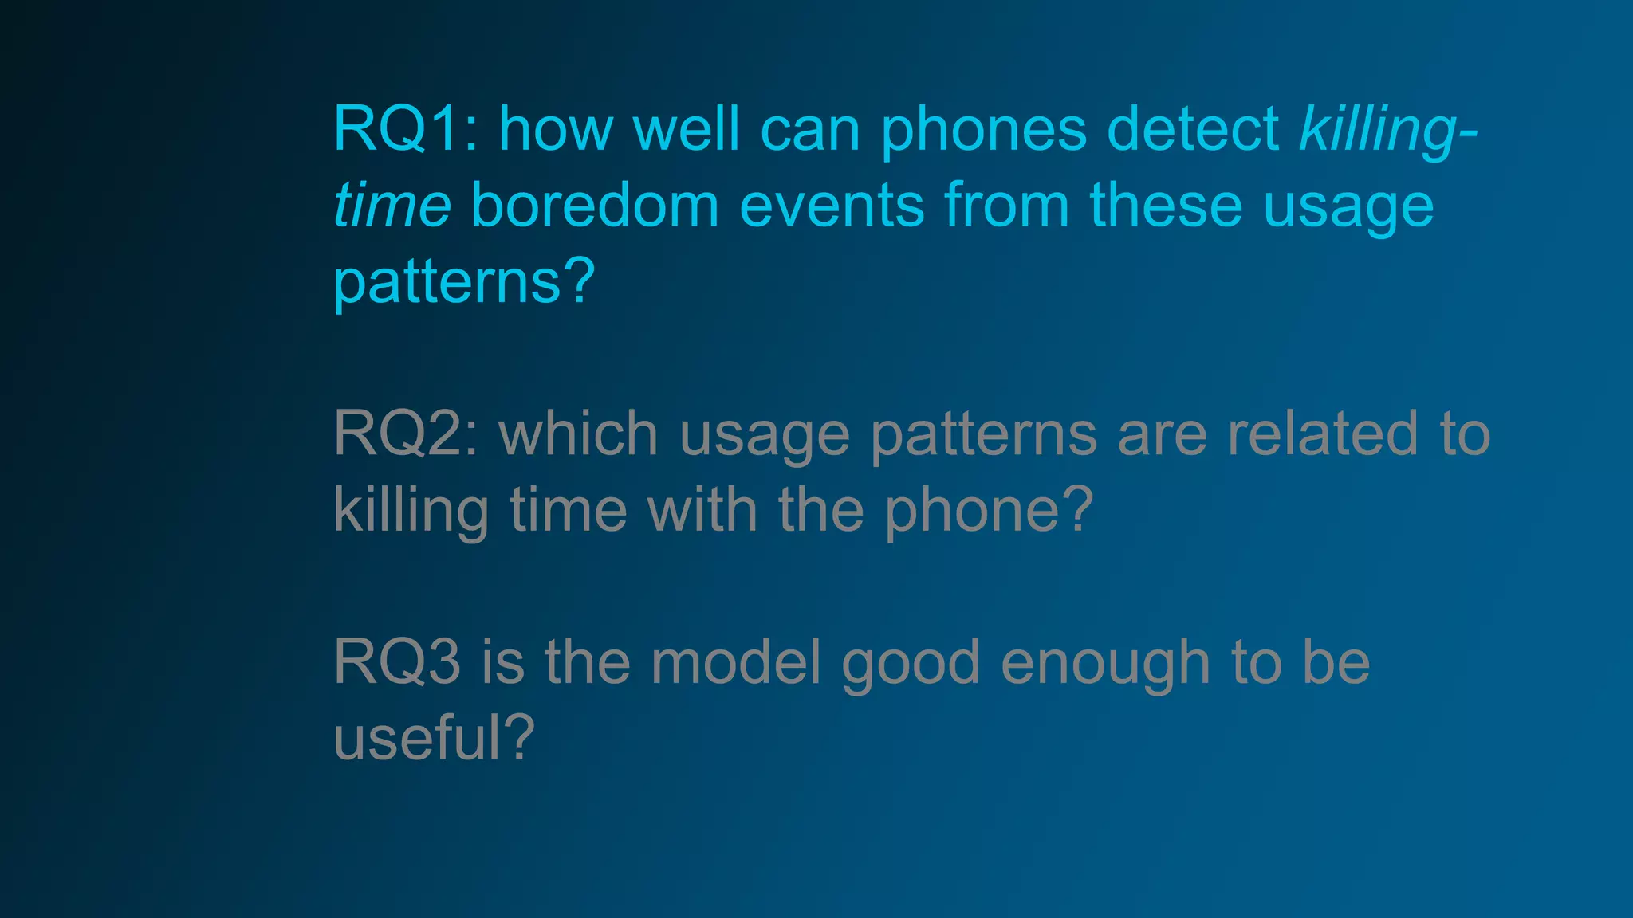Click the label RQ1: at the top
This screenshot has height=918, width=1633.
click(x=406, y=129)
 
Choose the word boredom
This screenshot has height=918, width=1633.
click(x=595, y=206)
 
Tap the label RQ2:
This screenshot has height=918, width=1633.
click(x=406, y=434)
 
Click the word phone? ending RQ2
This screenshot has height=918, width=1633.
click(x=989, y=511)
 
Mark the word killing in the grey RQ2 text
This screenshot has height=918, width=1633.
click(x=411, y=511)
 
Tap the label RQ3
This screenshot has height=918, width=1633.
click(x=397, y=662)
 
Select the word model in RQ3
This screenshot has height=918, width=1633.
click(x=736, y=662)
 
